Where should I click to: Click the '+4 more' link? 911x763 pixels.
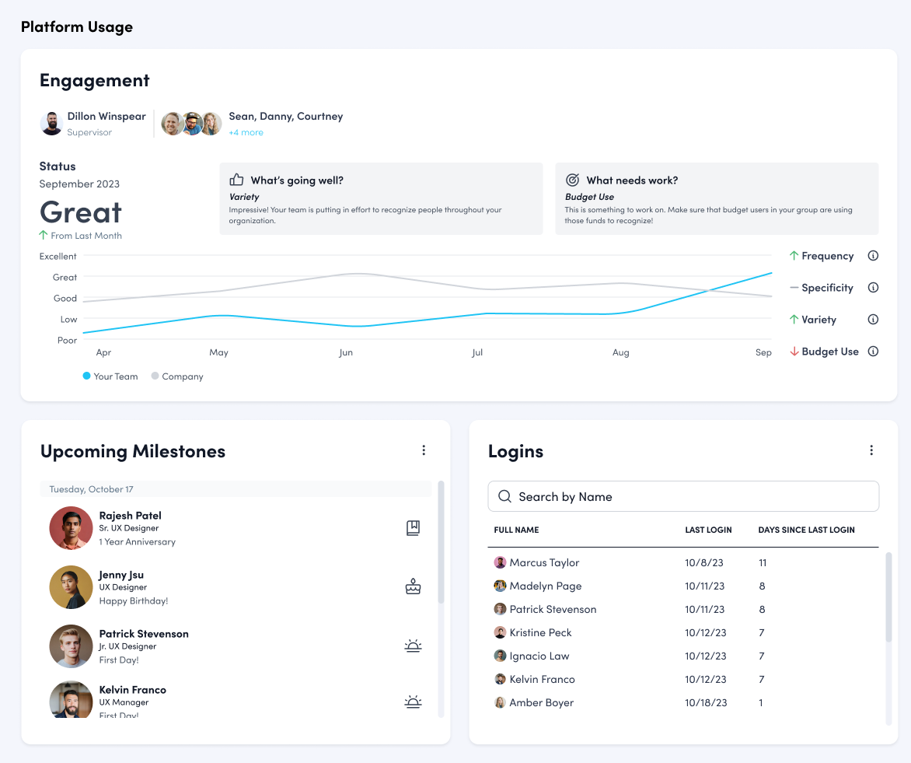246,133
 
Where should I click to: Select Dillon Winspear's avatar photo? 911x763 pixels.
51,124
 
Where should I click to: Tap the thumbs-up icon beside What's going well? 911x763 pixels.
237,180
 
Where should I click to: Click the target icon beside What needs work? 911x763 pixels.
572,180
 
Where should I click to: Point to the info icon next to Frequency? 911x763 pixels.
873,256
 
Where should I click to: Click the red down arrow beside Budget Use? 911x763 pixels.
794,352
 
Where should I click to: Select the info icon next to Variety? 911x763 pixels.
873,320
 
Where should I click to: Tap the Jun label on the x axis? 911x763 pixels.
346,353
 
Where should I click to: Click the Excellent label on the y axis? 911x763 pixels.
58,257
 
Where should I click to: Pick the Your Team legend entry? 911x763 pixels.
110,376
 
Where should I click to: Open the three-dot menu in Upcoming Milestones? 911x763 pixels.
424,450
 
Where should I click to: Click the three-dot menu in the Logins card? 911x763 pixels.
871,450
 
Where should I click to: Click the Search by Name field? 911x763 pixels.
683,496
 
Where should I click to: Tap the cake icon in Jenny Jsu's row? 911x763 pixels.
413,586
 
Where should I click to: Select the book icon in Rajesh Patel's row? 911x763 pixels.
413,528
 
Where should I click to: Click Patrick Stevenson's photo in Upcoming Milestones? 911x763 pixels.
71,646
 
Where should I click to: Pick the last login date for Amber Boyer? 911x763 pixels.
706,702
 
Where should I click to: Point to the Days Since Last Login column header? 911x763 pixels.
806,530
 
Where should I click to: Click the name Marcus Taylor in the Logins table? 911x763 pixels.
544,562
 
